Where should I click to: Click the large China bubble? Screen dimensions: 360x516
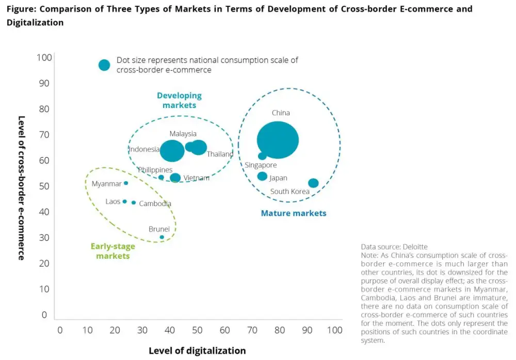point(278,140)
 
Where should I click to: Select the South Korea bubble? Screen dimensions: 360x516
point(313,183)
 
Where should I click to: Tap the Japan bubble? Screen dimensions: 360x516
point(262,176)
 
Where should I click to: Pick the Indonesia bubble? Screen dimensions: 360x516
point(172,151)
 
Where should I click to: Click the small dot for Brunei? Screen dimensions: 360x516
point(162,237)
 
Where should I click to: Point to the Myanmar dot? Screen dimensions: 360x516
point(126,183)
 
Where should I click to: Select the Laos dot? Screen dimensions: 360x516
point(124,201)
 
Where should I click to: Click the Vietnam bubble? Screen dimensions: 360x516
point(175,178)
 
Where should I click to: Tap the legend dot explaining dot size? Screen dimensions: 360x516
point(104,65)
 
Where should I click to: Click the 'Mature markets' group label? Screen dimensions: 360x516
point(294,213)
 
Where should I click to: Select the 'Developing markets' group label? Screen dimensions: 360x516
point(179,100)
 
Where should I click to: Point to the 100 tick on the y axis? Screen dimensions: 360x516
point(44,57)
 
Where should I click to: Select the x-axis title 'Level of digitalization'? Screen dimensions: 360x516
point(197,351)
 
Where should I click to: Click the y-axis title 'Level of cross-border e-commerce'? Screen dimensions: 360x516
point(21,187)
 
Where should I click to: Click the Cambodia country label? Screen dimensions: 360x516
point(155,204)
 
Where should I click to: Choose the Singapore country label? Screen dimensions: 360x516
point(261,165)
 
